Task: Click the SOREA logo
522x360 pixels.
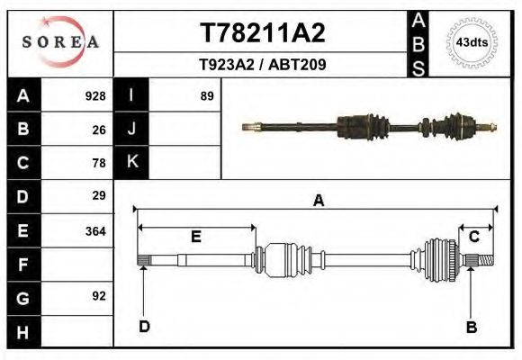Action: coord(60,42)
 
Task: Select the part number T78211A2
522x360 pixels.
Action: coord(261,33)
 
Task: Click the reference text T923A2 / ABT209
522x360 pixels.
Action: coord(261,65)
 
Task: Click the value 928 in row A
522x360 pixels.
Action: coord(94,96)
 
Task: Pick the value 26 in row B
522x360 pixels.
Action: coord(99,130)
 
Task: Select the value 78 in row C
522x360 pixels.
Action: coord(99,163)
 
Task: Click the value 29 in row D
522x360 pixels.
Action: coord(99,195)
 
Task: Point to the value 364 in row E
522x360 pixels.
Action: coord(94,231)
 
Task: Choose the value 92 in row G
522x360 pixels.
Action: coord(99,296)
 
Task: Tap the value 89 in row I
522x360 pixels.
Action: coord(206,96)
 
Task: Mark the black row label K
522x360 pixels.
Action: coord(131,162)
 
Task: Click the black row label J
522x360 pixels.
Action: coord(131,130)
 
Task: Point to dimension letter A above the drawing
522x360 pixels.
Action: coord(318,201)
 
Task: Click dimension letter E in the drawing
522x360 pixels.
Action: coord(195,237)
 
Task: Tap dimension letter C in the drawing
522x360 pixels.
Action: coord(473,237)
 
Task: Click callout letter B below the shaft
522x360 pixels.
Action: coord(471,327)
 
